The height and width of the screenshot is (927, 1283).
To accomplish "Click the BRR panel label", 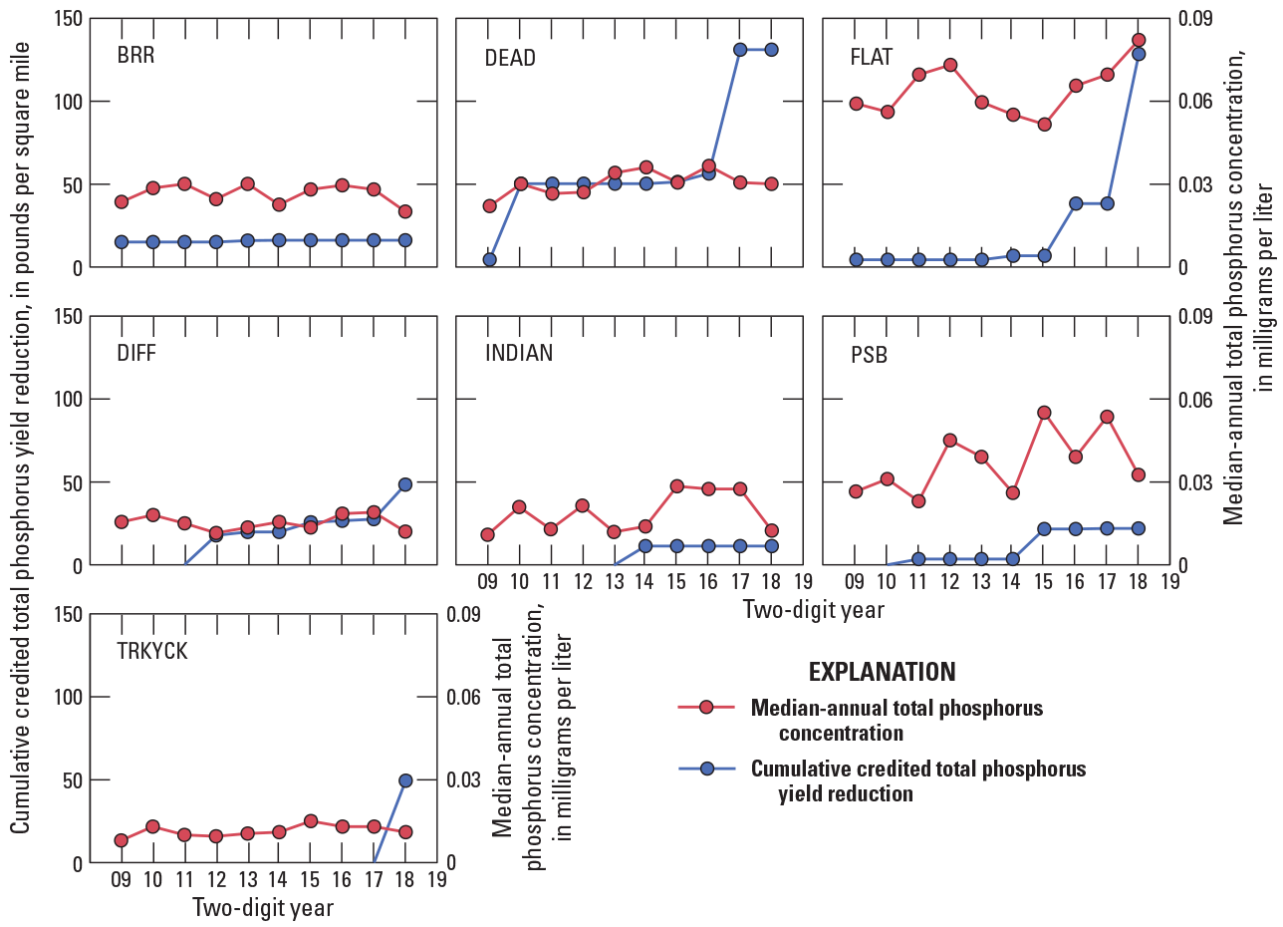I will coord(135,55).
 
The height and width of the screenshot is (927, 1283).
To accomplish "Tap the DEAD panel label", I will coord(510,58).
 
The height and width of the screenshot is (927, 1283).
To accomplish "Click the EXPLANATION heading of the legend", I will coord(882,671).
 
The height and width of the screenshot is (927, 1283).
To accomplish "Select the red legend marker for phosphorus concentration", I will coord(706,708).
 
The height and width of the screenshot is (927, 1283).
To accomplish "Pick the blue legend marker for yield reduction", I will coord(706,769).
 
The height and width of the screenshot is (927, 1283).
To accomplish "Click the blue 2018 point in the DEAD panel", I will coord(771,49).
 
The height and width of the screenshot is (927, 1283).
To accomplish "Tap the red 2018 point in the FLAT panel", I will coord(1139,40).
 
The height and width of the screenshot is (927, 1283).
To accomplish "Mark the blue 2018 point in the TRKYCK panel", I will coord(404,780).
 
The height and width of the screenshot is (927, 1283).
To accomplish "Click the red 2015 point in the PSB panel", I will coord(1044,413).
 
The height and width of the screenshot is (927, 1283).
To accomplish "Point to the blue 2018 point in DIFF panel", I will coord(404,484).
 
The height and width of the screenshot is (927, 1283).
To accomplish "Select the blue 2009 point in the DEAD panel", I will coord(489,259).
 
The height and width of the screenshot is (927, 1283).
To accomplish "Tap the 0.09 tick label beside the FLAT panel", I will coord(1195,19).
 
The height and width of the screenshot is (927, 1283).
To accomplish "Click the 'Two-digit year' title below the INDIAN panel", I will coord(812,610).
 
